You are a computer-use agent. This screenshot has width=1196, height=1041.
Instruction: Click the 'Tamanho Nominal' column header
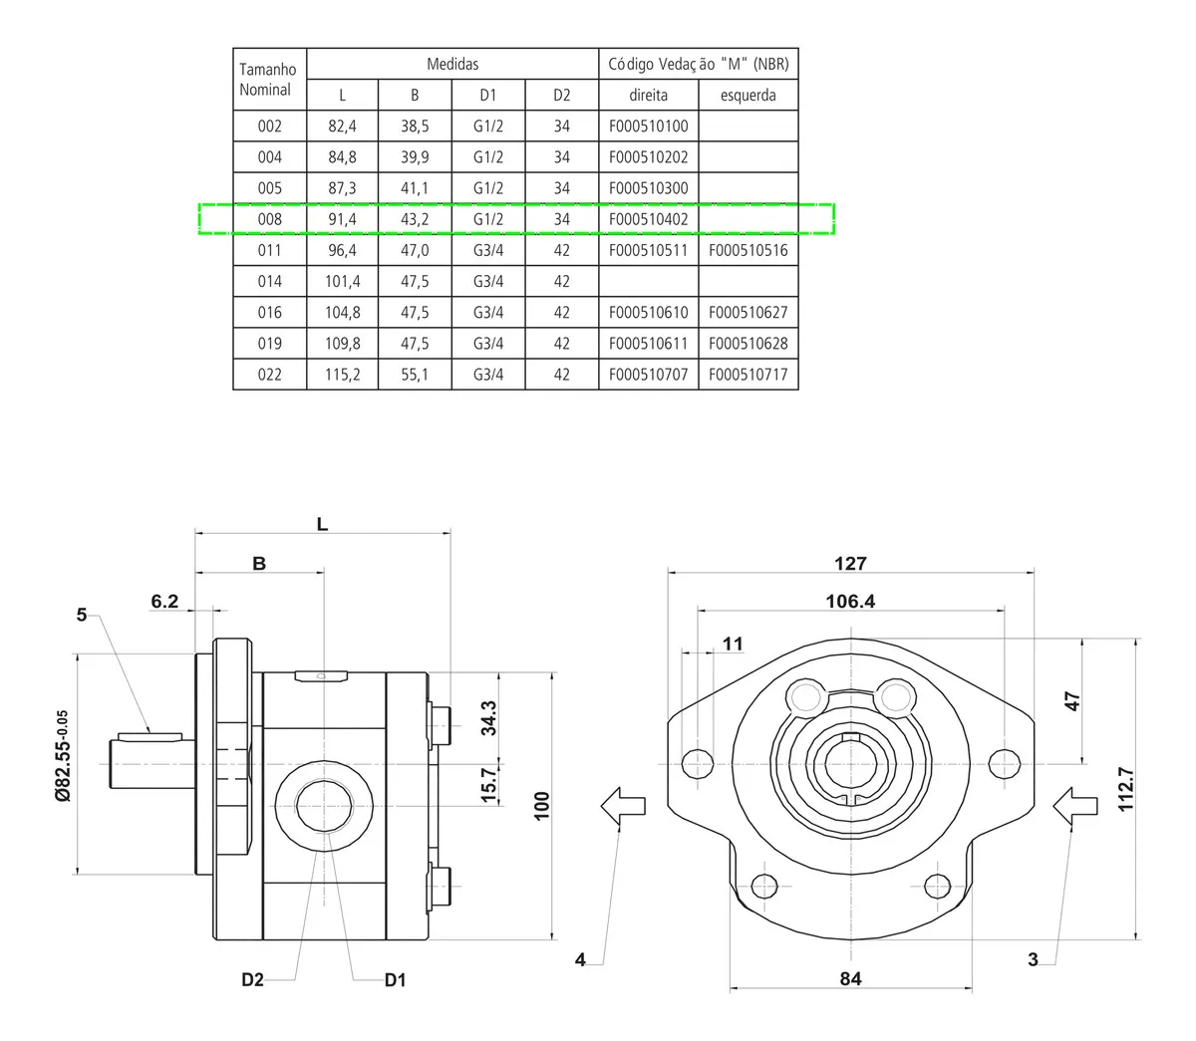coord(269,80)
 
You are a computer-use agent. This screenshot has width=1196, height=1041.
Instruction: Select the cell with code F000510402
coord(648,219)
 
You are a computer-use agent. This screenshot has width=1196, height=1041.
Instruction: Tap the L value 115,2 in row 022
coord(343,375)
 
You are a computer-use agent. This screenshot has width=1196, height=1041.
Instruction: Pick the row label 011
coord(269,250)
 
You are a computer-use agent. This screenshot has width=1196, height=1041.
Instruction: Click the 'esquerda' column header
coord(747,96)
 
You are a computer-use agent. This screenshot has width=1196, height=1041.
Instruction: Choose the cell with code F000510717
coord(747,375)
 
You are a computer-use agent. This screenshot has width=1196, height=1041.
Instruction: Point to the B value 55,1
coord(415,375)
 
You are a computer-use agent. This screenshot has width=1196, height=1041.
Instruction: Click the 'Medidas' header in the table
coord(452,64)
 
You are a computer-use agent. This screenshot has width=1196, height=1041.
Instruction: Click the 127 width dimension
coord(850,563)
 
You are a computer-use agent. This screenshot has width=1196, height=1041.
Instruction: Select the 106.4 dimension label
coord(850,601)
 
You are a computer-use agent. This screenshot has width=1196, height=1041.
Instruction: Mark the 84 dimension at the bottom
coord(850,978)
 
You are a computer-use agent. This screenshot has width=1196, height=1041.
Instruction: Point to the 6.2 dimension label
coord(164,601)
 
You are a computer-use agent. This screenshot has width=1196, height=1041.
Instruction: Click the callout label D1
coord(396,980)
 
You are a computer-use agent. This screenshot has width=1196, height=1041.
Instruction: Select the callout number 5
coord(82,615)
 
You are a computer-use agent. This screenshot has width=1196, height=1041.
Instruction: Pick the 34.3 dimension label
coord(488,717)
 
